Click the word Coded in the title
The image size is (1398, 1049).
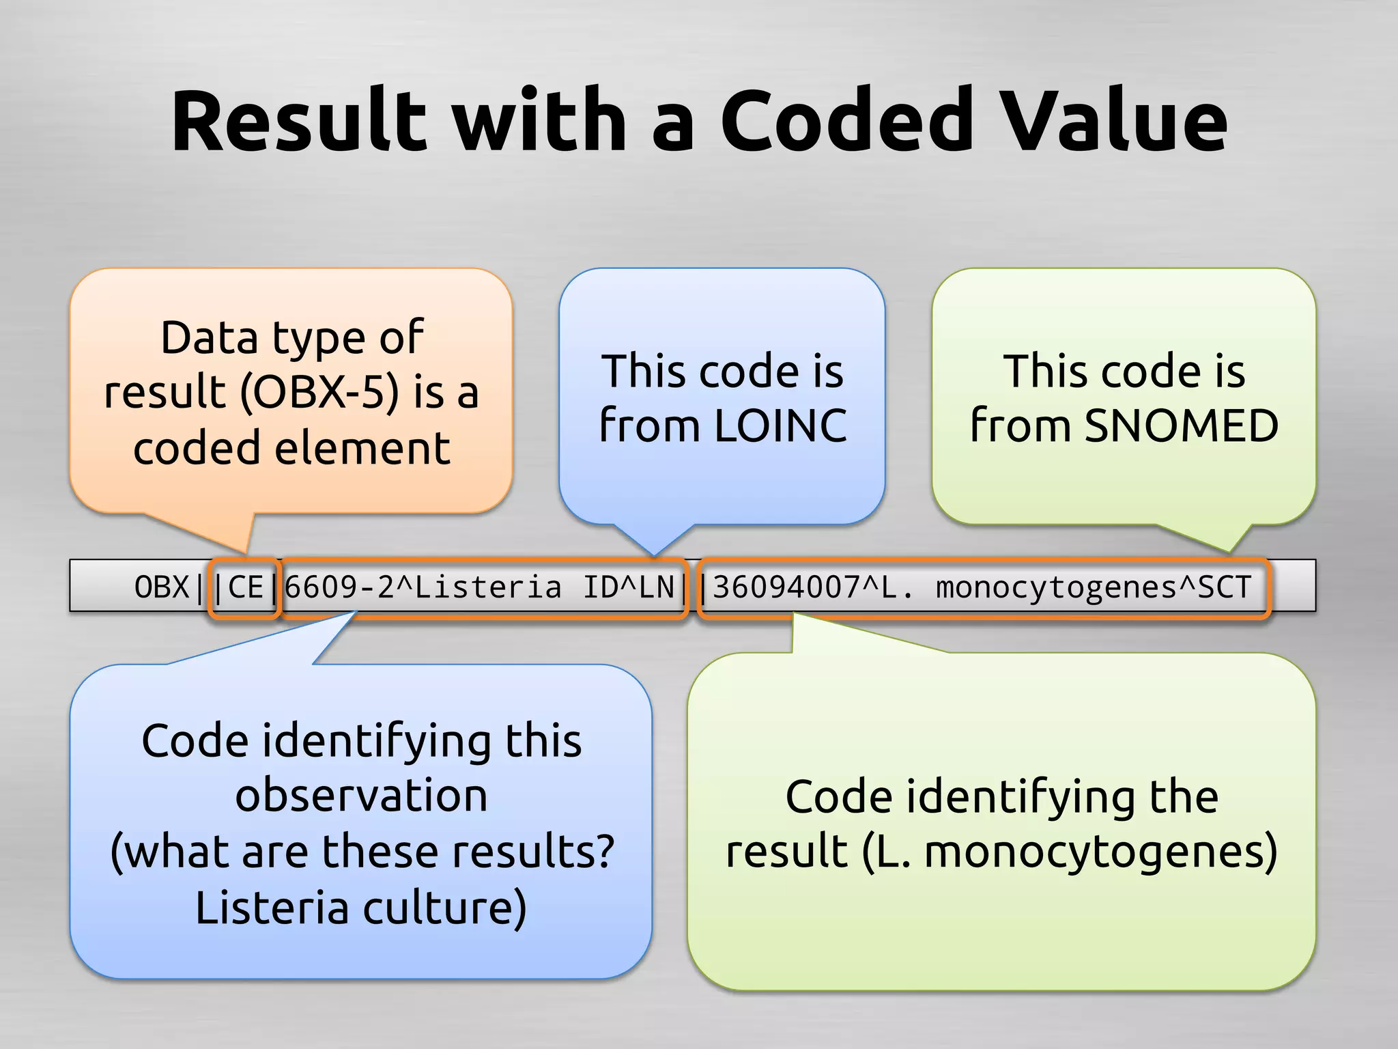pyautogui.click(x=846, y=122)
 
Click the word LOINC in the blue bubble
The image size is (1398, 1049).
pyautogui.click(x=780, y=426)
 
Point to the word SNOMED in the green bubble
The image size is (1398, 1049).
pyautogui.click(x=1181, y=426)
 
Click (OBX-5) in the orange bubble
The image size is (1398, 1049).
pyautogui.click(x=319, y=393)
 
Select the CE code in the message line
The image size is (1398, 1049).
pyautogui.click(x=245, y=587)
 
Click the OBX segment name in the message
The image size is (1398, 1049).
pyautogui.click(x=161, y=587)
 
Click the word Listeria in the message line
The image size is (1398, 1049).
pyautogui.click(x=488, y=587)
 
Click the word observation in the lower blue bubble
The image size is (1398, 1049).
pyautogui.click(x=361, y=796)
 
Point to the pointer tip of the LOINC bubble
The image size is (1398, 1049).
pyautogui.click(x=653, y=554)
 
